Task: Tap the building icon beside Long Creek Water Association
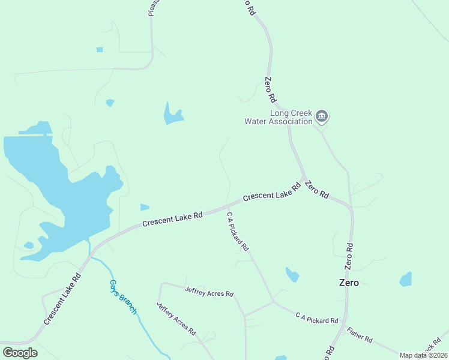point(322,116)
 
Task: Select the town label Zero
point(349,283)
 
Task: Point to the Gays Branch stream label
point(123,296)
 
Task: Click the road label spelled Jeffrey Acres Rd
point(209,292)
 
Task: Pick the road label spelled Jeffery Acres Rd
point(176,318)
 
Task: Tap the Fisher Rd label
point(360,335)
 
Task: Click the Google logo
point(20,353)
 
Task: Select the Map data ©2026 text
point(423,355)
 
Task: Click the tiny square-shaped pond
point(100,50)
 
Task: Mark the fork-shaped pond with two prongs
point(173,115)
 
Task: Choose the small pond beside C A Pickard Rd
point(292,275)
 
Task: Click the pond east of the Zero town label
point(406,280)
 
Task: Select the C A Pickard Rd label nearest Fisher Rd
point(317,317)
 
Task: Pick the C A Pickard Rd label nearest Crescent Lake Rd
point(237,230)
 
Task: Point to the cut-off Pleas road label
point(152,8)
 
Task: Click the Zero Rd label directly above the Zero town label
point(349,256)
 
